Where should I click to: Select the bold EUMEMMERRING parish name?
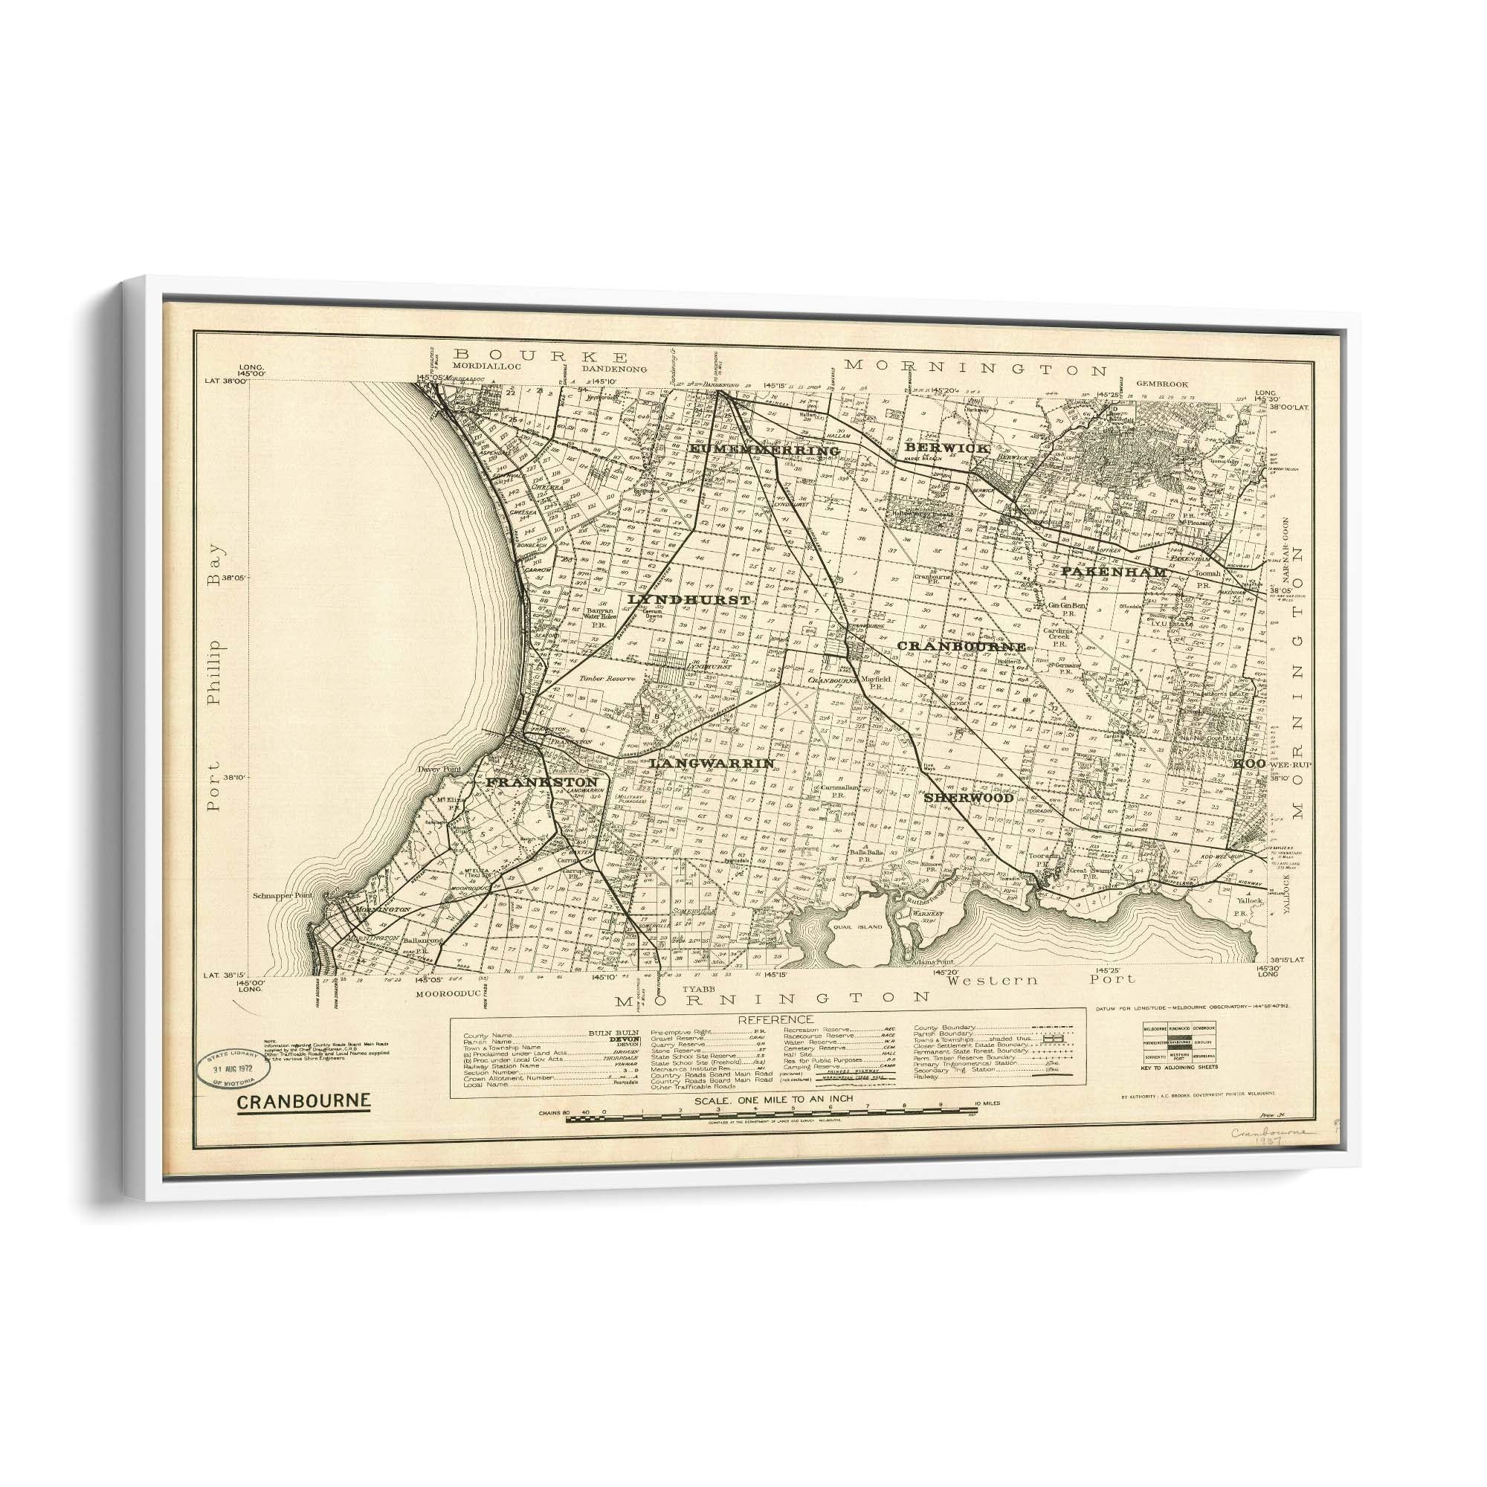[764, 449]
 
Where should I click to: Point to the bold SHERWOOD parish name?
[968, 797]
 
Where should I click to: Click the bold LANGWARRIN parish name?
[712, 763]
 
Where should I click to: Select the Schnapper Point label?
[288, 896]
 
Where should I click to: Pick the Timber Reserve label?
[607, 679]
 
